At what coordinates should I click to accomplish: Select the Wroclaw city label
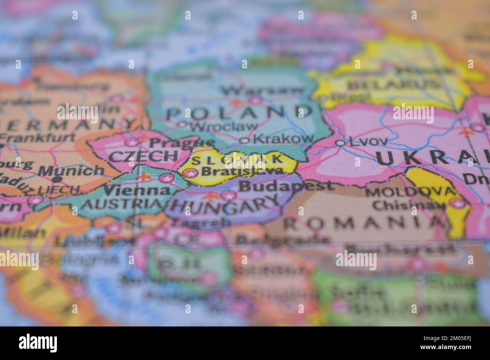tap(224, 126)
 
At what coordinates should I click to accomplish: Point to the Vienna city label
tap(137, 191)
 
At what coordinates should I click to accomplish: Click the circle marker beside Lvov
tap(340, 143)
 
